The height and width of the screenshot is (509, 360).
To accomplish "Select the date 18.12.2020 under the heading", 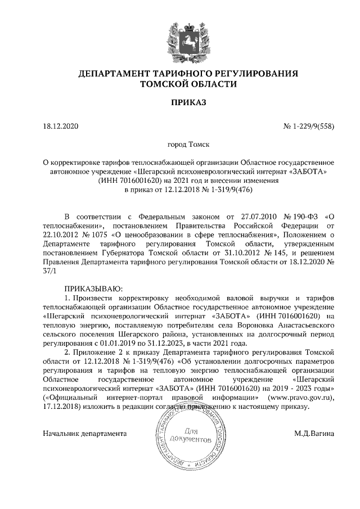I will click(x=62, y=126).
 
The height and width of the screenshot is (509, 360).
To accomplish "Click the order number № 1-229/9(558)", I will click(x=308, y=126).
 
